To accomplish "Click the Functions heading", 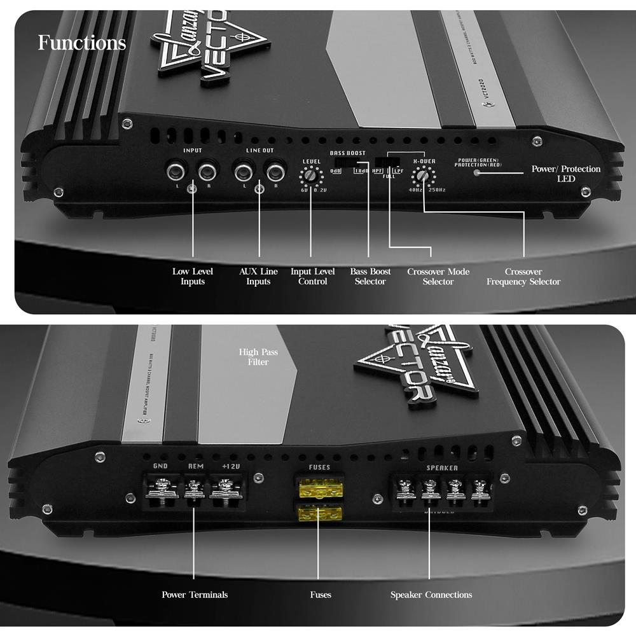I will pyautogui.click(x=82, y=43).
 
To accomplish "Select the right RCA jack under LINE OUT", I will pyautogui.click(x=275, y=171).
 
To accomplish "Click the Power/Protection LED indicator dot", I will pyautogui.click(x=477, y=172).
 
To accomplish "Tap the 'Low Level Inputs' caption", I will pyautogui.click(x=193, y=277).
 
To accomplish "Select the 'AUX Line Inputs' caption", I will pyautogui.click(x=259, y=277).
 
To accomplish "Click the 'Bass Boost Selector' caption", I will pyautogui.click(x=370, y=277).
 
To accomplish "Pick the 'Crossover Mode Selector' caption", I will pyautogui.click(x=438, y=277).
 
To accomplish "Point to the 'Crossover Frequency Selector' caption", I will pyautogui.click(x=523, y=277).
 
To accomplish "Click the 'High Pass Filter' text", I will pyautogui.click(x=258, y=357).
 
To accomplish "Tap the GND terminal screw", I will pyautogui.click(x=160, y=490).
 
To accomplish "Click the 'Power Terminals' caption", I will pyautogui.click(x=195, y=595).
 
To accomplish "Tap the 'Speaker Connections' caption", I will pyautogui.click(x=431, y=595).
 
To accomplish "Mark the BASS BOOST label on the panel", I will pyautogui.click(x=347, y=153).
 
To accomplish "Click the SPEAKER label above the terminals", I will pyautogui.click(x=441, y=467).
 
